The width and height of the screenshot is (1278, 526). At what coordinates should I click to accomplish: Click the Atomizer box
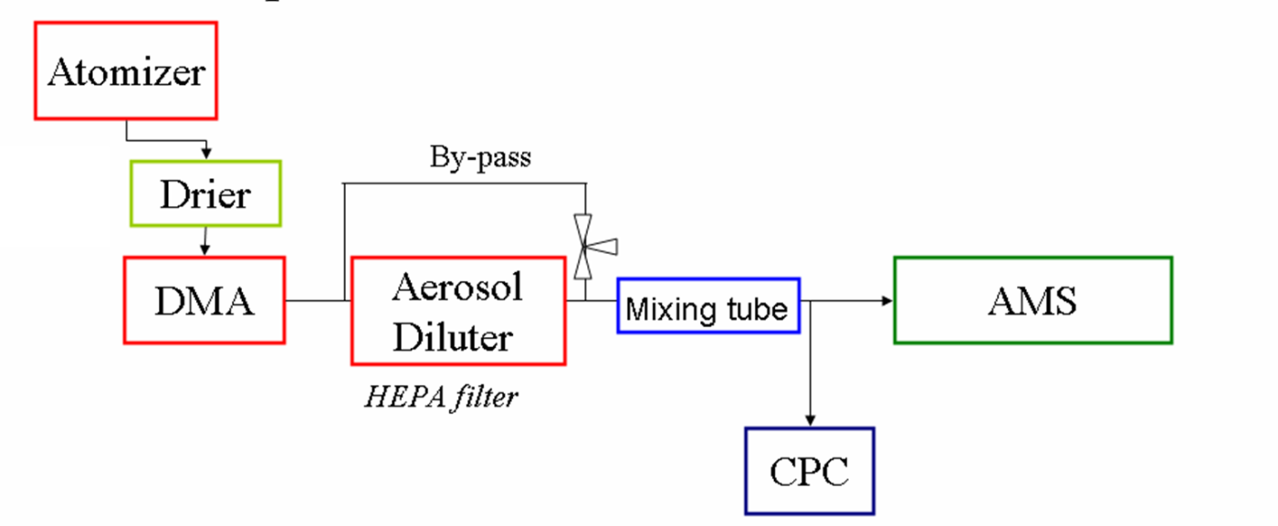125,70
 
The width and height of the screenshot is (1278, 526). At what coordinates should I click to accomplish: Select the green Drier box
204,193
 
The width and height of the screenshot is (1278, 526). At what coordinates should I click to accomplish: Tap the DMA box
204,300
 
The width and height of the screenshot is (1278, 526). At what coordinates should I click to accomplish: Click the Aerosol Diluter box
457,310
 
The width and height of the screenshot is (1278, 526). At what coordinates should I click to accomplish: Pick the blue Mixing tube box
707,306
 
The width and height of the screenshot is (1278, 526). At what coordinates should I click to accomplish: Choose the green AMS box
1032,300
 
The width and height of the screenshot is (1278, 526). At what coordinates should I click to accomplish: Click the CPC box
809,471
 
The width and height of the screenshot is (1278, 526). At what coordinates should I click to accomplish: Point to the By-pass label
480,157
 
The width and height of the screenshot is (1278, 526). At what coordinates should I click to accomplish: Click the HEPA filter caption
441,396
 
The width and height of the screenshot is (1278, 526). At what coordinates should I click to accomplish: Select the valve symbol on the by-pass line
585,245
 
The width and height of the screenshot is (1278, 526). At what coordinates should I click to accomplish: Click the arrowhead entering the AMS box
887,300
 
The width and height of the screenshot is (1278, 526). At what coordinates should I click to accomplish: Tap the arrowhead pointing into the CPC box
810,421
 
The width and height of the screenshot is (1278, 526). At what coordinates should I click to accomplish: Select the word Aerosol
457,287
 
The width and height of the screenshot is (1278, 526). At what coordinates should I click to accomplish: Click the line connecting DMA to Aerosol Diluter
318,300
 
